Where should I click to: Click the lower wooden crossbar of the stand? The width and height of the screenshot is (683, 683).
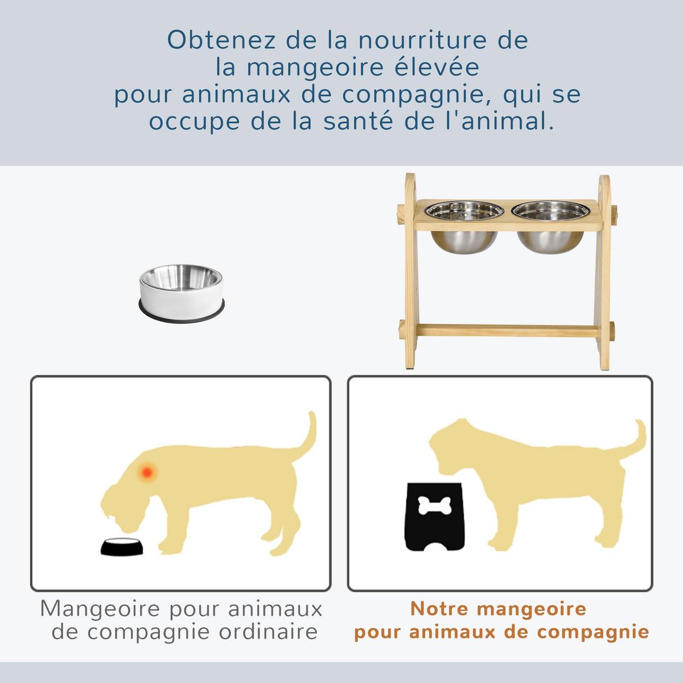tap(507, 330)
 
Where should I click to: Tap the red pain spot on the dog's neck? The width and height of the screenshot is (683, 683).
tap(147, 472)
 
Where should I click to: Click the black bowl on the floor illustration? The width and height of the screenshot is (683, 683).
tap(122, 546)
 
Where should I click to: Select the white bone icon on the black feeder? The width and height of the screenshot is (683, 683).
tap(434, 505)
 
